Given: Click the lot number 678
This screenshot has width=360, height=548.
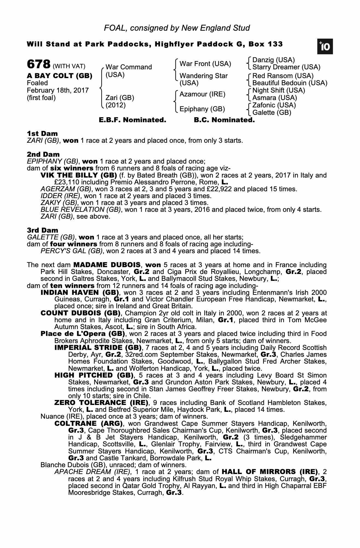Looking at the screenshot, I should (x=38, y=65).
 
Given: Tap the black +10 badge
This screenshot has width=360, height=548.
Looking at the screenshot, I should (x=325, y=47).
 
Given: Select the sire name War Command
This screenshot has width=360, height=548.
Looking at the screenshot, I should (x=128, y=67).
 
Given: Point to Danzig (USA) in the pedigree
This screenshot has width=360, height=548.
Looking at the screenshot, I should (x=273, y=60).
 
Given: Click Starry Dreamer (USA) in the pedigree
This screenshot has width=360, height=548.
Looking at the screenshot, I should (x=286, y=67).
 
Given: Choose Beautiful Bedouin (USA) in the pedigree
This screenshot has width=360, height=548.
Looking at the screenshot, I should (x=290, y=83).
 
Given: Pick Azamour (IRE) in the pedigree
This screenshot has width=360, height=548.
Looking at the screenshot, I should (x=202, y=94).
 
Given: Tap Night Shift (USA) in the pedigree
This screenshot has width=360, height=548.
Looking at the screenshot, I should (x=279, y=90).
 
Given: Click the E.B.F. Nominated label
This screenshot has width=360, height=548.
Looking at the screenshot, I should (x=132, y=120).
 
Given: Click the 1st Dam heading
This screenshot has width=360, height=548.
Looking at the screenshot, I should (x=42, y=134).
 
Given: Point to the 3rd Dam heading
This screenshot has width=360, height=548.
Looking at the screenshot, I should (x=42, y=230).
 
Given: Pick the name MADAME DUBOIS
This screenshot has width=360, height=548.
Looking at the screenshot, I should (x=107, y=265).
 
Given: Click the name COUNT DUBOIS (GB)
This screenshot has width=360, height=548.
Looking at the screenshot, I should (x=81, y=313).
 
